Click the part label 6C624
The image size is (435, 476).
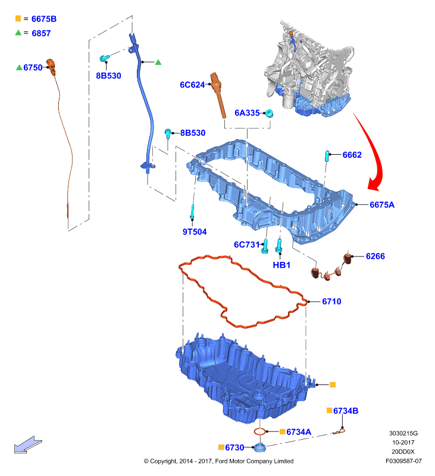[192, 84]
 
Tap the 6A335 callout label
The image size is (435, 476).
[247, 113]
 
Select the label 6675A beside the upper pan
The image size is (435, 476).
[382, 205]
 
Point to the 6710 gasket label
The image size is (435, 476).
[331, 302]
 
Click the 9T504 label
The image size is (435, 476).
[194, 231]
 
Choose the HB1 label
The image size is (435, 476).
[281, 265]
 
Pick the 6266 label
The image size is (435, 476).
[375, 256]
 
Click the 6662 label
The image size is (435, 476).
[352, 155]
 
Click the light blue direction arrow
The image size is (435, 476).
[28, 445]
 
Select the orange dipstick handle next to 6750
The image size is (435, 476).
[51, 67]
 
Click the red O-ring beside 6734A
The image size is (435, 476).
[260, 431]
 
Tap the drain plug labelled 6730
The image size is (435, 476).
[260, 447]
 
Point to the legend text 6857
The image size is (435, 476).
[41, 33]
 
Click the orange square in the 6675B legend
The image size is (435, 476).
[18, 18]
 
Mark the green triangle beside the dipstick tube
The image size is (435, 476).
[158, 62]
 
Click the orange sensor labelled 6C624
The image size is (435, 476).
[218, 95]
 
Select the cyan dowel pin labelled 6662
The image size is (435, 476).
[327, 156]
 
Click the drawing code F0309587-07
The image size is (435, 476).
[403, 461]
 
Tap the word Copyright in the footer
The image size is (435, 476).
[163, 462]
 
